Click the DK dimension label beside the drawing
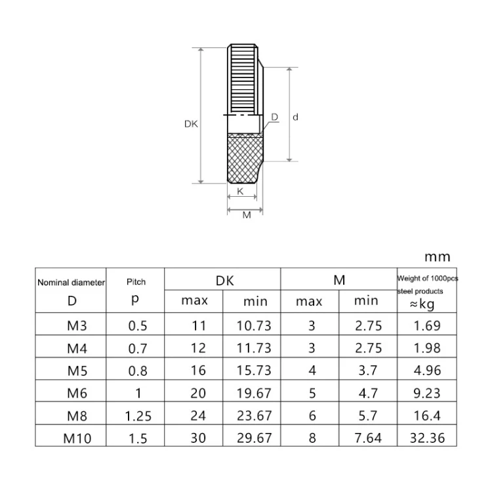[x=191, y=124]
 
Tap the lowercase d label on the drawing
[x=295, y=117]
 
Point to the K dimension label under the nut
[x=240, y=191]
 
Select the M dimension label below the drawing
[x=247, y=215]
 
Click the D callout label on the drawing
[x=275, y=117]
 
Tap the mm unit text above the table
[x=438, y=257]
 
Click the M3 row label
[x=77, y=325]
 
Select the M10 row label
[x=77, y=438]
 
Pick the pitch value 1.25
[x=138, y=416]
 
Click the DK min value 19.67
[x=254, y=394]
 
